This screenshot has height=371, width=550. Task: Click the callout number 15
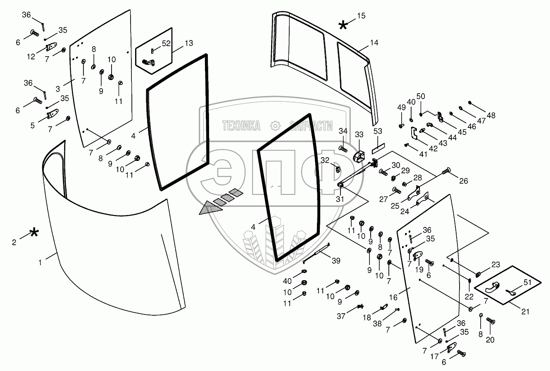click(361, 16)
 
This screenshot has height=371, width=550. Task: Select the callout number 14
click(374, 43)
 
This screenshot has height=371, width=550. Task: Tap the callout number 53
click(378, 131)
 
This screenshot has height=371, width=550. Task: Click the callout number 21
click(525, 312)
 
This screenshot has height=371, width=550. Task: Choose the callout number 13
click(188, 43)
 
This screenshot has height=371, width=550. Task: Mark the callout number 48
click(491, 116)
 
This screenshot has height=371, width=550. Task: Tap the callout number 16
click(393, 297)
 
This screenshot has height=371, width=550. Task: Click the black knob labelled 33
click(359, 156)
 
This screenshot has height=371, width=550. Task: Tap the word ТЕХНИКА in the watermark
click(241, 126)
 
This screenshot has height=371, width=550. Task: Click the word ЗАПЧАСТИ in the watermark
click(311, 126)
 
